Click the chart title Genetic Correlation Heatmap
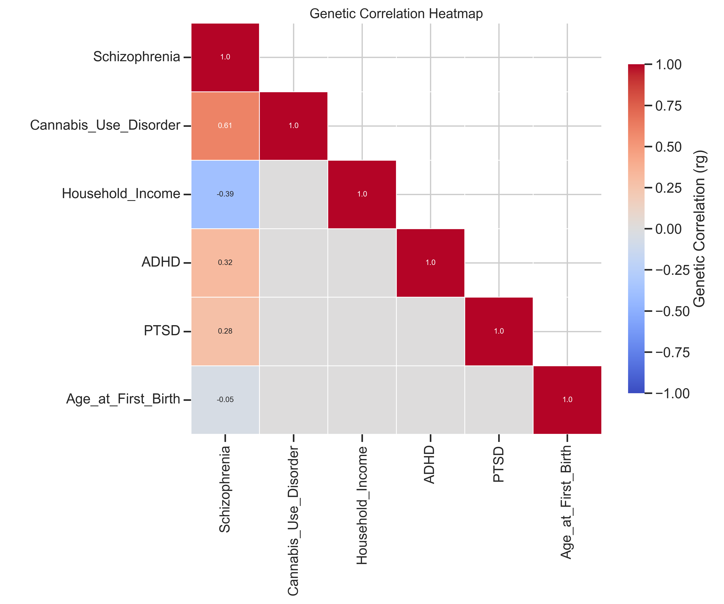tap(396, 14)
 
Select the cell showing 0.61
tap(225, 126)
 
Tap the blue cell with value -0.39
tap(225, 194)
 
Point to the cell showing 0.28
tap(225, 331)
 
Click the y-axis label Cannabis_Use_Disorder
tap(105, 125)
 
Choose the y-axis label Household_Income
tap(121, 194)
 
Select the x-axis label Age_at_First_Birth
tap(567, 502)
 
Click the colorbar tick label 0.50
tap(668, 147)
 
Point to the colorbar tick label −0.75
tap(672, 352)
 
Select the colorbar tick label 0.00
tap(668, 229)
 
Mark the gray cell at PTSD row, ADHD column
tap(430, 331)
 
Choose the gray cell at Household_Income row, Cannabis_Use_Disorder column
tap(293, 194)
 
